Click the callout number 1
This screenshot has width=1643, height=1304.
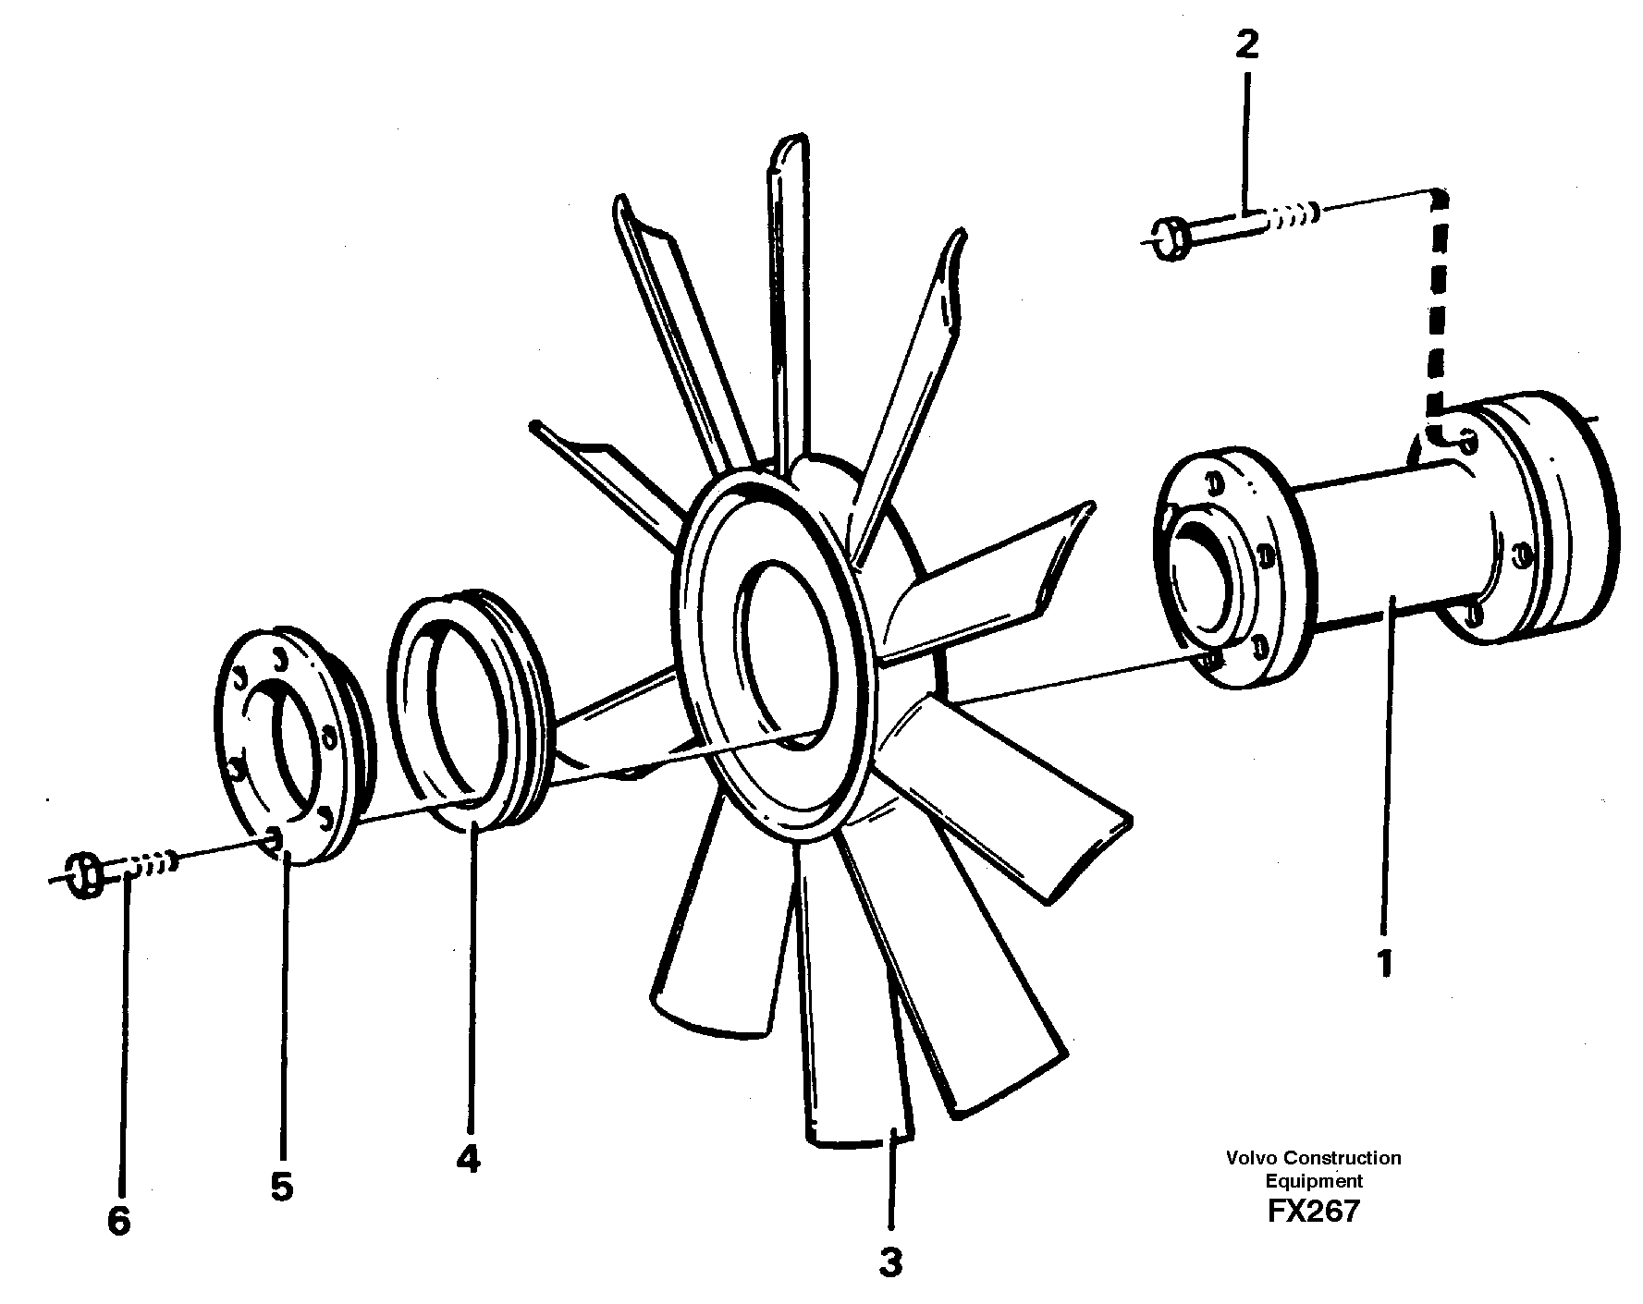coord(1383,964)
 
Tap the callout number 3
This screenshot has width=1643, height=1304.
coord(889,1262)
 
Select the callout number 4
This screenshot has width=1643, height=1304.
coord(469,1159)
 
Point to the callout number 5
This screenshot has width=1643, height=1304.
coord(282,1186)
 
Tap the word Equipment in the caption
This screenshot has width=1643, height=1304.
coord(1313,1180)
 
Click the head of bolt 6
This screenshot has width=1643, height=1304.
coord(85,874)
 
